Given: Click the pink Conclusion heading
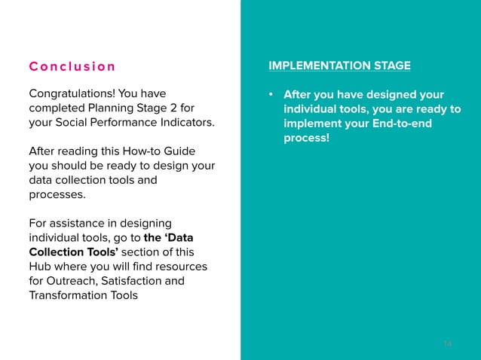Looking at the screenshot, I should point(72,66).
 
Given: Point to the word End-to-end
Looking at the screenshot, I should point(395,124).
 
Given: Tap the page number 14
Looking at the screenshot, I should point(448,343).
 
